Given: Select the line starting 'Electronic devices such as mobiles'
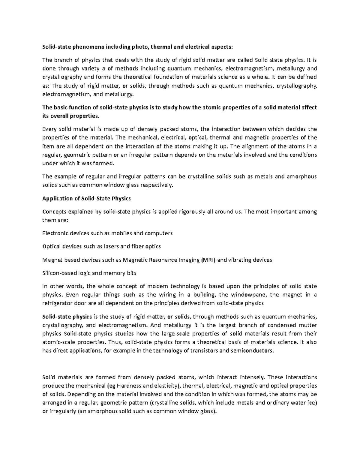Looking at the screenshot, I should (107, 233).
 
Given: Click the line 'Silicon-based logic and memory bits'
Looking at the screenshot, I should (89, 273).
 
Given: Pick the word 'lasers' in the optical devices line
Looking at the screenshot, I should (111, 246).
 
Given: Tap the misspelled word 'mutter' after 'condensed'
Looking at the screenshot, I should (309, 325).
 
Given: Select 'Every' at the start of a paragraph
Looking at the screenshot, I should (49, 129).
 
